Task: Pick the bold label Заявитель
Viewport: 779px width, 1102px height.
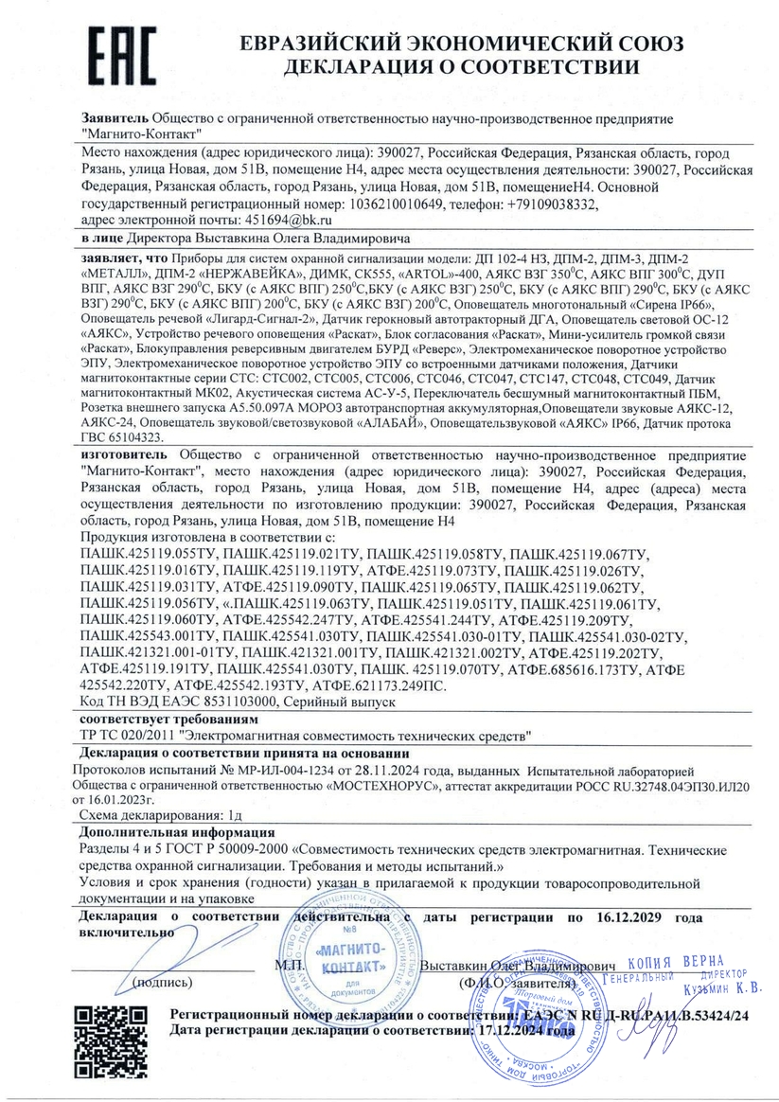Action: pyautogui.click(x=114, y=119)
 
